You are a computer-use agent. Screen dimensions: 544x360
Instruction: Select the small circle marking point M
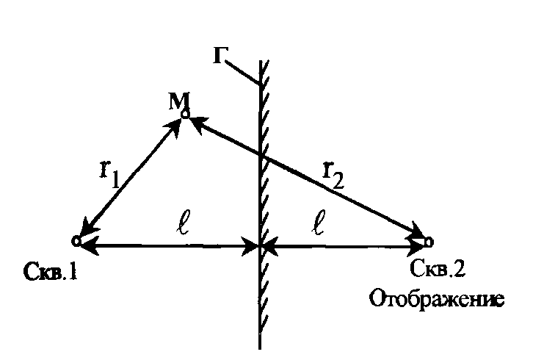point(185,114)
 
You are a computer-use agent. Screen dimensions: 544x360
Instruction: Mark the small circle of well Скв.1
point(76,241)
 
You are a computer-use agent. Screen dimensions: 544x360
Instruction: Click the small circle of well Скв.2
point(429,240)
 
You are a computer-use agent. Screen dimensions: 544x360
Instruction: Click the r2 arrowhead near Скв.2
point(416,234)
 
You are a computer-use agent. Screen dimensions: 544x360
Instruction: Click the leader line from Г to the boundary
point(242,72)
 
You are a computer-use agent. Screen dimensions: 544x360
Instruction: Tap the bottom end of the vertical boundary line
point(261,345)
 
